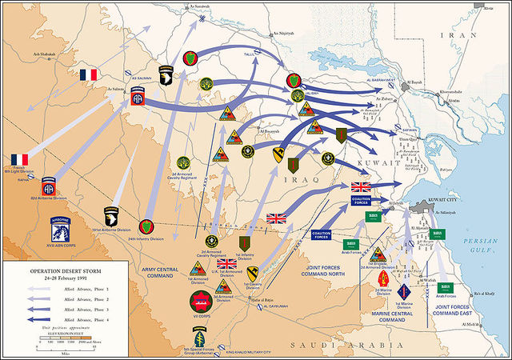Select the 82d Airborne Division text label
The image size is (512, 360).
pos(49,197)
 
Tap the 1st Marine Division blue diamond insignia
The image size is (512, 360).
pos(404,291)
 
